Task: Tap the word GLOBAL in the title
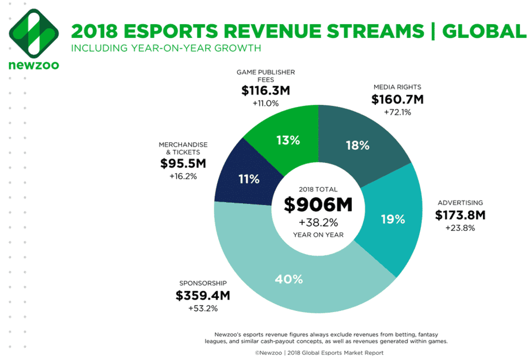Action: click(484, 31)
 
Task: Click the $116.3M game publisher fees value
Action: click(265, 91)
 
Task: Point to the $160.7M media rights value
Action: click(397, 99)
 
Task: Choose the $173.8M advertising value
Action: click(460, 215)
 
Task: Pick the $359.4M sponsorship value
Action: click(203, 296)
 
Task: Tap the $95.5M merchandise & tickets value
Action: click(183, 164)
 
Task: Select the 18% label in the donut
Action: click(356, 145)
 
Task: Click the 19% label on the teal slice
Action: click(393, 219)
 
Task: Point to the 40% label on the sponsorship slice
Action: click(289, 279)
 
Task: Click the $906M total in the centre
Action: click(318, 204)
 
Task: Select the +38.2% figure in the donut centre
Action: click(318, 222)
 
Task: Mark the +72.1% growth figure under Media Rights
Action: click(397, 112)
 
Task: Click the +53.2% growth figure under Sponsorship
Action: click(203, 309)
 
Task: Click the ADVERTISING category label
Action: click(459, 203)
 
